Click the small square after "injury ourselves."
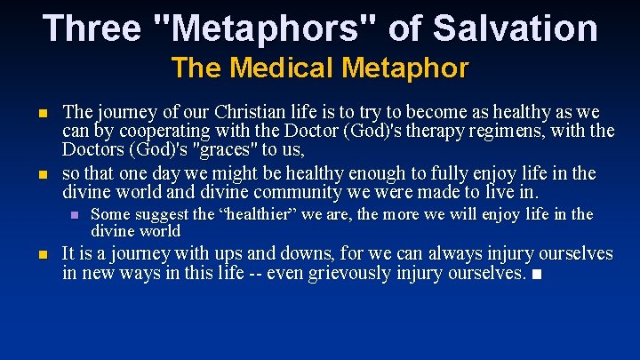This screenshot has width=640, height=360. tap(532, 274)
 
